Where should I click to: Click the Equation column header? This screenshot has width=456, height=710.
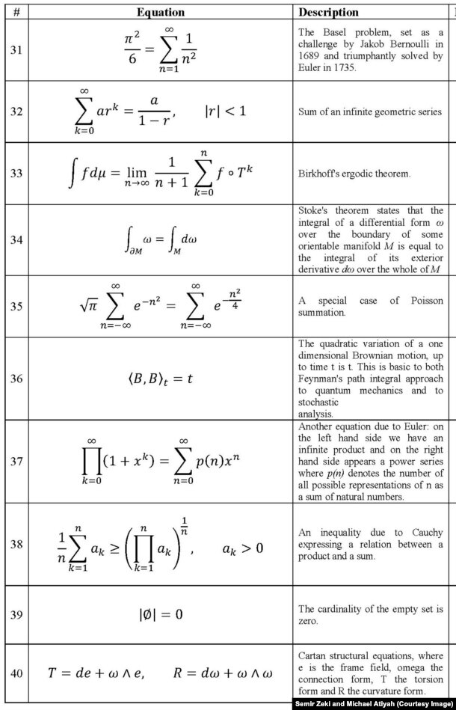point(165,13)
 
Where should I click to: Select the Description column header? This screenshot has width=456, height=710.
point(328,13)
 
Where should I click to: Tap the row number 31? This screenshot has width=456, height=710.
point(16,51)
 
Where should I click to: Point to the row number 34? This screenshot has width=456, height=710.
point(16,240)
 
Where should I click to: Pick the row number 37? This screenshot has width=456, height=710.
point(16,460)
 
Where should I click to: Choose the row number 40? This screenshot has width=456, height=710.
point(16,673)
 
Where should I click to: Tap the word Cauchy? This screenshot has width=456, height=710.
point(425,532)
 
